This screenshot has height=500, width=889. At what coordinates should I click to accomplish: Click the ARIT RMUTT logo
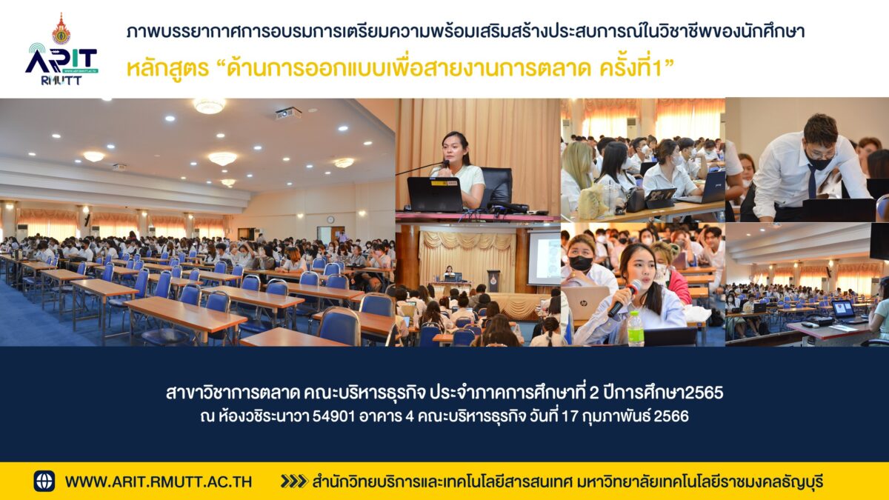pos(61,49)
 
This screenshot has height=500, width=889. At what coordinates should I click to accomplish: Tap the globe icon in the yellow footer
pos(44,481)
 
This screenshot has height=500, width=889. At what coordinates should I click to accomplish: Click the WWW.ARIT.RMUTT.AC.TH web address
pos(159,481)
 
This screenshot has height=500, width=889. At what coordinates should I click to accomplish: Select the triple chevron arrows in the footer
pos(293,481)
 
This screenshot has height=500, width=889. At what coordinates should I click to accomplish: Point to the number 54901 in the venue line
pos(333,416)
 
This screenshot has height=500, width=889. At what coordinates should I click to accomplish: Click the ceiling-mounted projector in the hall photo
pos(288,113)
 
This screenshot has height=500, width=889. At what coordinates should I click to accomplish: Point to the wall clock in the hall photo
pos(330,219)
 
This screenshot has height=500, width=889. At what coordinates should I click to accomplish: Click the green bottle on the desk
pos(635,329)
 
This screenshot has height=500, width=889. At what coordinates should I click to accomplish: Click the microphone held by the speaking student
pos(624,298)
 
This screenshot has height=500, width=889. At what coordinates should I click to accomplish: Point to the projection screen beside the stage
pos(544,258)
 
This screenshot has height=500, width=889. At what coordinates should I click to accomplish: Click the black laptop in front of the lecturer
pos(435,194)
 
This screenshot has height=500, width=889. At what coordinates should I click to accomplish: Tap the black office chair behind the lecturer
pos(496,187)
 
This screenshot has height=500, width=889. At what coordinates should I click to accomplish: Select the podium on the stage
pos(493,281)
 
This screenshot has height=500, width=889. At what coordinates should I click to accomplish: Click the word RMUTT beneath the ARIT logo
pos(61,81)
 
